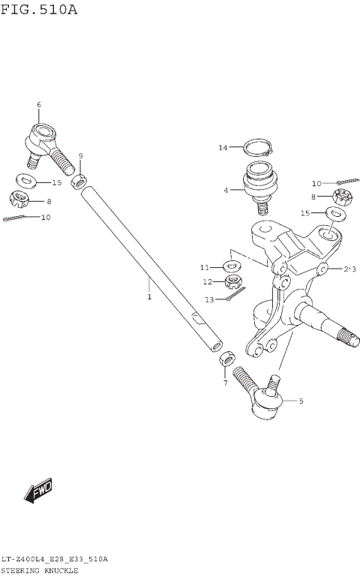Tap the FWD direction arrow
[x=38, y=491]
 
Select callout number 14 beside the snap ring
[x=223, y=148]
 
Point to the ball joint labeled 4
[x=259, y=184]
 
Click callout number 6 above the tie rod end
[x=38, y=104]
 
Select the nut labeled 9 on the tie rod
[x=78, y=182]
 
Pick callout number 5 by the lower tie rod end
[x=301, y=401]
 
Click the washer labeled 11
[x=232, y=266]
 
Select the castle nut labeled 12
[x=234, y=283]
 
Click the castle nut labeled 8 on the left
[x=19, y=200]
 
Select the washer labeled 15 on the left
[x=27, y=181]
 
